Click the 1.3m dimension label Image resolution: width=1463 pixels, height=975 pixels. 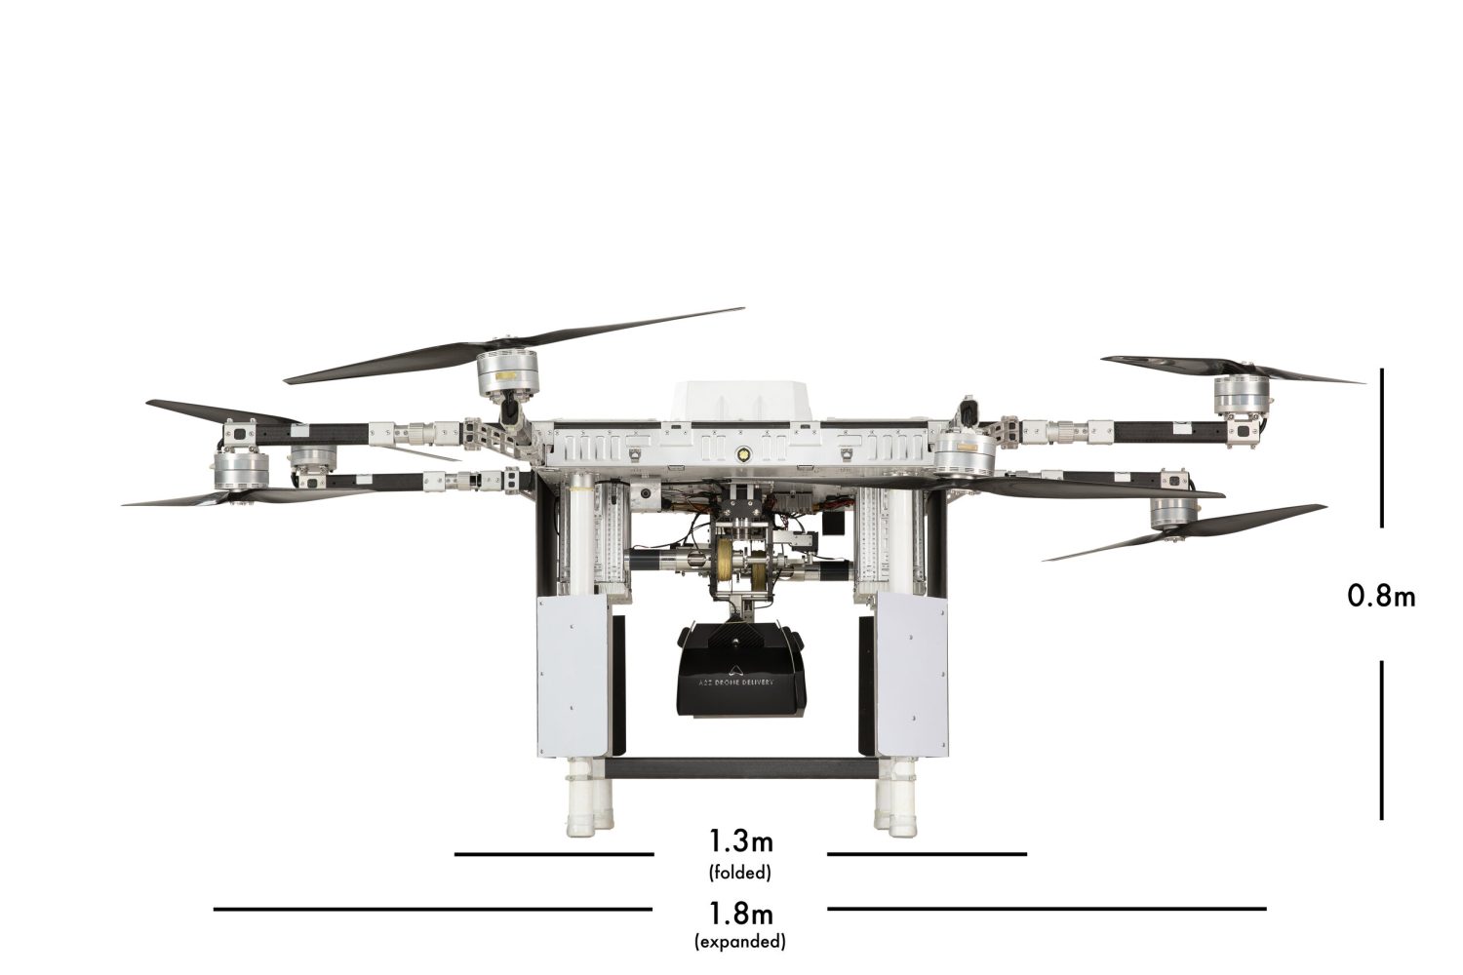click(x=740, y=841)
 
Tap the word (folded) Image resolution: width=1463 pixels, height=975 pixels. click(x=740, y=873)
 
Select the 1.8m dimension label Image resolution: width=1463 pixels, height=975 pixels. click(x=740, y=915)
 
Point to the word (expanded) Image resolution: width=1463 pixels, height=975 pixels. click(x=740, y=942)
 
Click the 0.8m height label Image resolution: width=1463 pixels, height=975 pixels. click(x=1381, y=597)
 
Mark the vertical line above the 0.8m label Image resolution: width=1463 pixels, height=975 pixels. click(x=1381, y=448)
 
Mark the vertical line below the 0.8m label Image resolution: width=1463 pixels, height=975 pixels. click(x=1381, y=740)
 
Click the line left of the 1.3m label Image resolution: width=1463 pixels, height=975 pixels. click(x=554, y=854)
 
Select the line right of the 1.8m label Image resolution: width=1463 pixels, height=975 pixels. click(x=1047, y=909)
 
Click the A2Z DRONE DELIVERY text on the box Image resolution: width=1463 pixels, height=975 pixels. click(x=734, y=682)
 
